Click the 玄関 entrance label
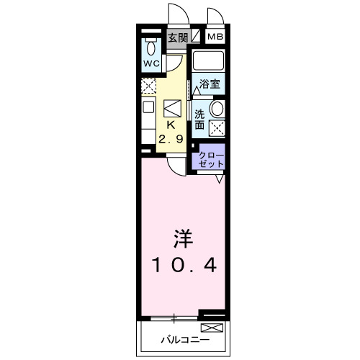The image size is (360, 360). (x=176, y=38)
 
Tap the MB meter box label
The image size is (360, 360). (x=215, y=37)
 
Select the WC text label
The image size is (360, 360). (x=151, y=63)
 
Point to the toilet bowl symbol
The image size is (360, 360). (x=151, y=48)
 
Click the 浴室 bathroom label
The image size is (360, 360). (x=210, y=83)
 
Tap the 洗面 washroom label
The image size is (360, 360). (x=200, y=120)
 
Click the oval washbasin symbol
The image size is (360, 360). (x=217, y=110)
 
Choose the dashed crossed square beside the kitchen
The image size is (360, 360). (x=148, y=87)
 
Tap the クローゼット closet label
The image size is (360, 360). (x=211, y=160)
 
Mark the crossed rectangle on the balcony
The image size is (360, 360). (x=217, y=328)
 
